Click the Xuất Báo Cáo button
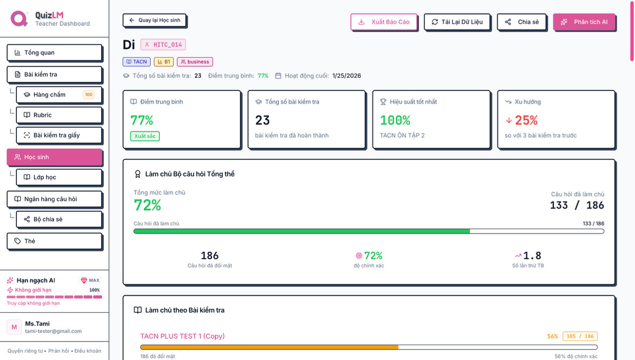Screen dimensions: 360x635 [384, 22]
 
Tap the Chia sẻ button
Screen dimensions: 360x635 [521, 22]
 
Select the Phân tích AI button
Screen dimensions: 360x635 [584, 22]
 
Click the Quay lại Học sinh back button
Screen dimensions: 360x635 [155, 20]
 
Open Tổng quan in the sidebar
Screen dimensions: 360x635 [54, 52]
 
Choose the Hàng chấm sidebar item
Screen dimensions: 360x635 [59, 95]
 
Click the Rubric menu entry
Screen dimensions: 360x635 [59, 115]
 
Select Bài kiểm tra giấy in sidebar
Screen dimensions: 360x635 [59, 135]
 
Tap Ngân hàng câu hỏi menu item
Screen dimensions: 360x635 [54, 199]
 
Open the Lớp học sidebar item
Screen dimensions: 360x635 [59, 177]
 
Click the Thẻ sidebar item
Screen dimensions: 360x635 [54, 241]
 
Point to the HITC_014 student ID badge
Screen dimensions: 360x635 [163, 44]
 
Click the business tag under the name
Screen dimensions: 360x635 [195, 62]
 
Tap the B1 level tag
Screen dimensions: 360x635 [164, 62]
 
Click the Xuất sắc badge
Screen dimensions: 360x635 [145, 136]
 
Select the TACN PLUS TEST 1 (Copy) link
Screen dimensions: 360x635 [183, 336]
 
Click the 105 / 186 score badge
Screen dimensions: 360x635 [580, 336]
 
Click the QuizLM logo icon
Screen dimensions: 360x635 [19, 19]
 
